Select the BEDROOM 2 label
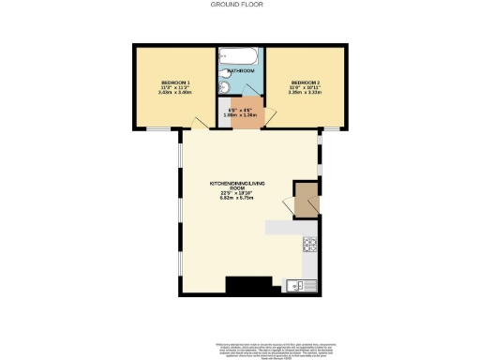coord(305,82)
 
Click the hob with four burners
coord(310,246)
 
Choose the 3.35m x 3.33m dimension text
coord(305,93)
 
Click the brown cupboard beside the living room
coord(305,200)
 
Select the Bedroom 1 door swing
coord(200,123)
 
